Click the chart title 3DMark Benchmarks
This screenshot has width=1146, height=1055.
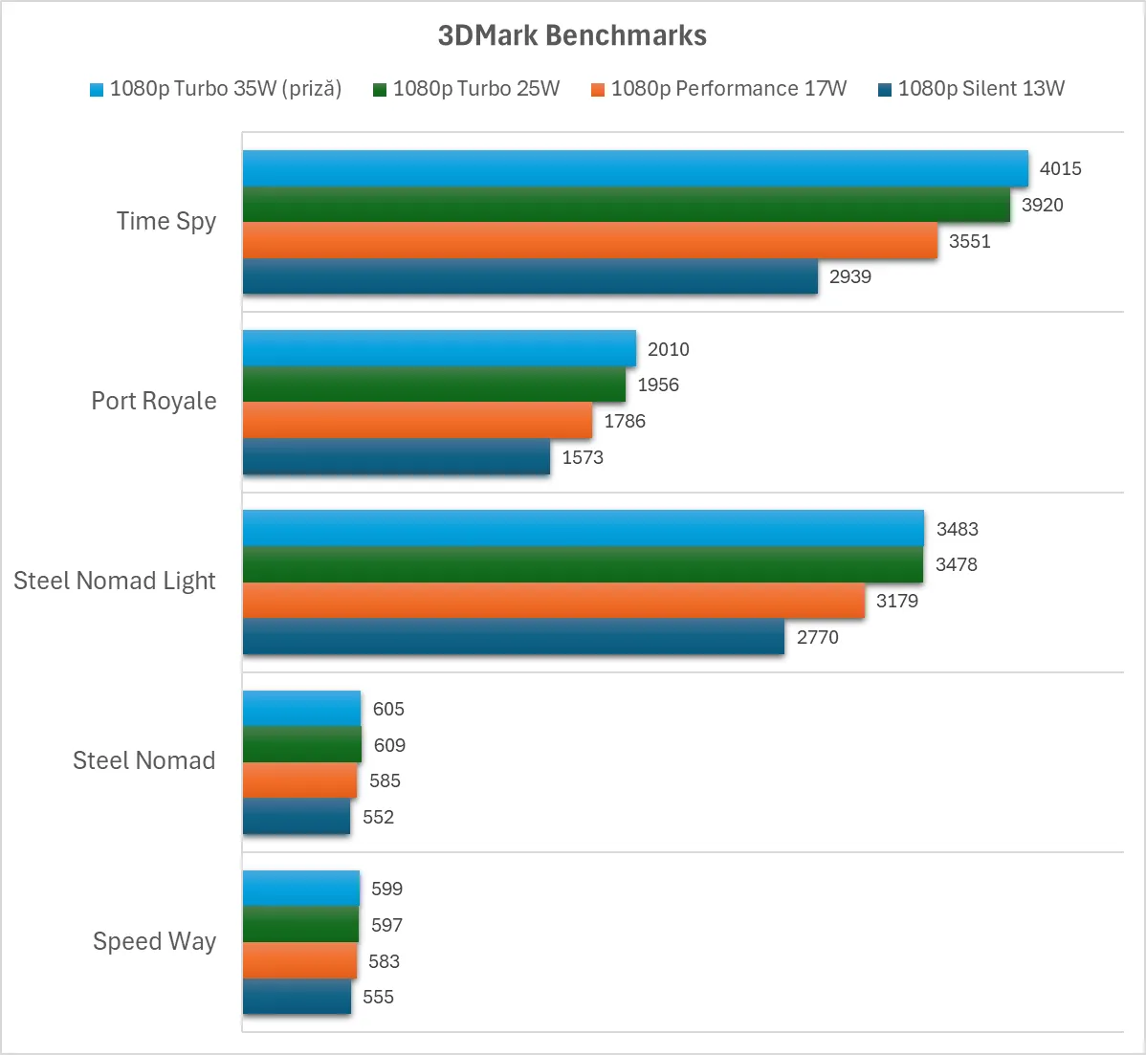[572, 35]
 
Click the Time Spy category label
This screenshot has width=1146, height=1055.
[166, 221]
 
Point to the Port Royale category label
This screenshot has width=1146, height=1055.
[154, 401]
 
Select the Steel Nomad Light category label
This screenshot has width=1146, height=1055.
[115, 581]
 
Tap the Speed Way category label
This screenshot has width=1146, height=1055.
[154, 941]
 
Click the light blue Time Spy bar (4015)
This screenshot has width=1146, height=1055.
[635, 168]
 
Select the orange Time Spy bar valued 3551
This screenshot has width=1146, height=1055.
[590, 240]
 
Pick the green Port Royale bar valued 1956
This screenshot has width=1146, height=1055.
[434, 385]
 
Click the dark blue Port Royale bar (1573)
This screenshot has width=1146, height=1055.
[396, 456]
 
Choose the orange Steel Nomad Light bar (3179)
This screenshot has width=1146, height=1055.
[554, 601]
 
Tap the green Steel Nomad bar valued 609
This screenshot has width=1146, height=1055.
[302, 745]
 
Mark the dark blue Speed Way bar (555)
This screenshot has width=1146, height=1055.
[297, 997]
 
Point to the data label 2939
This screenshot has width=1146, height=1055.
[850, 276]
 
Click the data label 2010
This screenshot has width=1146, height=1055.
[668, 349]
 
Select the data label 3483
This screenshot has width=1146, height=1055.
[957, 529]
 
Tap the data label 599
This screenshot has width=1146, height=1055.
[386, 889]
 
